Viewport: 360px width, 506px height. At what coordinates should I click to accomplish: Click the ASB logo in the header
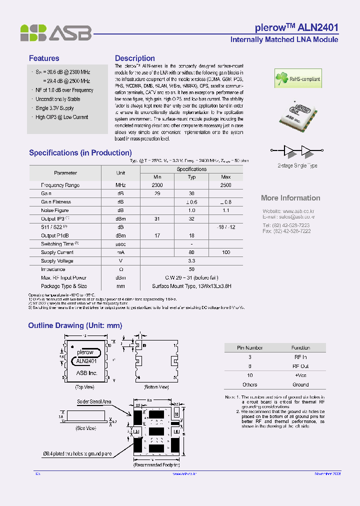click(55, 32)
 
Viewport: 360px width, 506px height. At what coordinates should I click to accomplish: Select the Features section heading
click(44, 58)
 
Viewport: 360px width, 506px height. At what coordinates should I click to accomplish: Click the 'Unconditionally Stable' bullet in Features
click(57, 99)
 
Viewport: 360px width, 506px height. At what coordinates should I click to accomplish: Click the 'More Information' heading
click(290, 198)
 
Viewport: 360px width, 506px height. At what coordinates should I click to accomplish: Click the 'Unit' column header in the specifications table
click(120, 173)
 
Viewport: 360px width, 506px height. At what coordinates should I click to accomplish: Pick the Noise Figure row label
click(55, 210)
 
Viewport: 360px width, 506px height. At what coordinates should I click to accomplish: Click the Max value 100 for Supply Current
click(225, 252)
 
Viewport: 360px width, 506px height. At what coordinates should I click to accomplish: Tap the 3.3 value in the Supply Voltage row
click(191, 261)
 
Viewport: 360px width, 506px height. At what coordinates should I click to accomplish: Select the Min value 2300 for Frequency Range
click(157, 185)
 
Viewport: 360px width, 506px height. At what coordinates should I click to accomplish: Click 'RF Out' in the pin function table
click(301, 366)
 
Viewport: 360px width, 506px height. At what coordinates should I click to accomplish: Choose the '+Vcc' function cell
click(301, 375)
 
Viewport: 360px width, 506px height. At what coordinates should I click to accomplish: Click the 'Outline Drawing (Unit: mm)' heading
click(75, 325)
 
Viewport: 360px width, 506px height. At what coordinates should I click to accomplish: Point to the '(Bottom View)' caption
click(156, 387)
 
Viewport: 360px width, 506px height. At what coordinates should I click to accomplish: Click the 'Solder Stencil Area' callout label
click(94, 401)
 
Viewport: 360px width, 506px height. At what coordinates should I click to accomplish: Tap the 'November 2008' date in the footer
click(327, 473)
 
